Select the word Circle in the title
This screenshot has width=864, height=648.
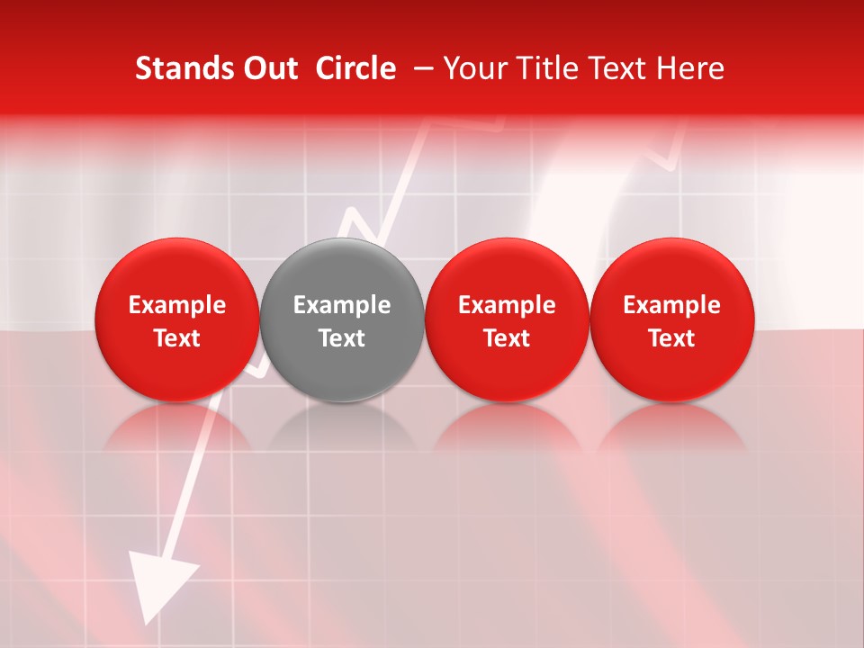pyautogui.click(x=355, y=68)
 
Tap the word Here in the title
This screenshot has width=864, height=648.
pyautogui.click(x=690, y=68)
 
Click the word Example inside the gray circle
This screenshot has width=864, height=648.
pyautogui.click(x=342, y=305)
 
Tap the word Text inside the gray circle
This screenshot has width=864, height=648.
pyautogui.click(x=342, y=338)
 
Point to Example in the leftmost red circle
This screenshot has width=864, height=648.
pyautogui.click(x=177, y=305)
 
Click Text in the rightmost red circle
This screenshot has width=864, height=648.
pyautogui.click(x=672, y=338)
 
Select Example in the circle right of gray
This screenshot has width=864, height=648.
pyautogui.click(x=507, y=305)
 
